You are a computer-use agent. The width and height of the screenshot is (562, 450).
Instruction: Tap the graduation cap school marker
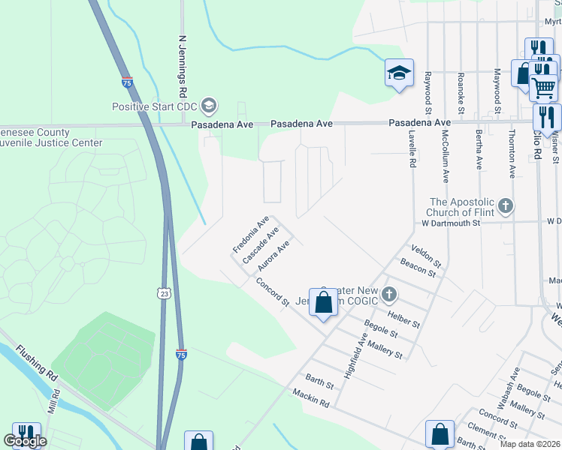399,73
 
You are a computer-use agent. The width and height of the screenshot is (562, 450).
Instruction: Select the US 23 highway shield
165,294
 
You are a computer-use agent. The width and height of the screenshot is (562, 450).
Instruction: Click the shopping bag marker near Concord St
324,304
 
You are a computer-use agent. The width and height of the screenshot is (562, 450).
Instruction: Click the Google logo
25,441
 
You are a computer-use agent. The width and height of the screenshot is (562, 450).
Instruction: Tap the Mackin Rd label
311,398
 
